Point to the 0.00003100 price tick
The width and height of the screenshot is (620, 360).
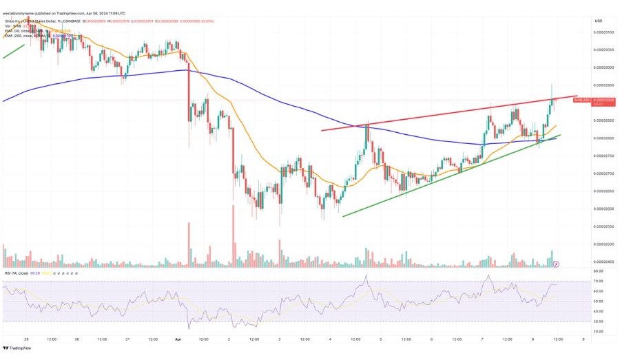click(x=604, y=32)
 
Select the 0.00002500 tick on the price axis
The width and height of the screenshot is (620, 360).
click(x=604, y=244)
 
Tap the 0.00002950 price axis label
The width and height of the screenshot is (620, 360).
click(x=604, y=85)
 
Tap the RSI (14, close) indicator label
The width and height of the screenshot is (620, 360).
click(x=17, y=273)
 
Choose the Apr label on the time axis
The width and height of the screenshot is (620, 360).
click(x=178, y=339)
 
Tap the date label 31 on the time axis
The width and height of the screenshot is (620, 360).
click(x=127, y=339)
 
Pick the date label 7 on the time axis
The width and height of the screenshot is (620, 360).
click(x=482, y=339)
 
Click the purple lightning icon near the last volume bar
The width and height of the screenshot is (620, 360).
click(x=557, y=263)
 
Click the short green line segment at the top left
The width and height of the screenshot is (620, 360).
click(x=14, y=51)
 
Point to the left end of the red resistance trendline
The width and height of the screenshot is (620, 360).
click(x=322, y=130)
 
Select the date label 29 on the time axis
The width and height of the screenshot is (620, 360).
click(x=26, y=339)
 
